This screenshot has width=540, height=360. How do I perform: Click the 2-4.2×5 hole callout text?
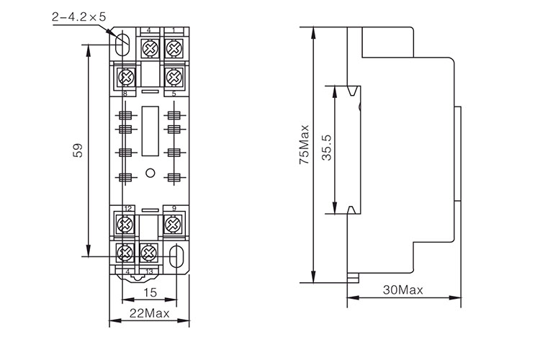coord(78,15)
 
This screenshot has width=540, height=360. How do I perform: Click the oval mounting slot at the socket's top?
coord(122,43)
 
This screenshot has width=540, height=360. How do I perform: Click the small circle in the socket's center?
coord(150,172)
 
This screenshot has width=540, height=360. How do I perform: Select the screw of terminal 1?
coord(174,48)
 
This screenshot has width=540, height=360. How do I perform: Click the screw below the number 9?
coord(174,225)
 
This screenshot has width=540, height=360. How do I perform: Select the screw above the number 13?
coord(149,252)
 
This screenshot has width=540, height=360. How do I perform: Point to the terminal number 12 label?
coord(127,209)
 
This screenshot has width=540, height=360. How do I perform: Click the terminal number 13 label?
coord(149,271)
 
